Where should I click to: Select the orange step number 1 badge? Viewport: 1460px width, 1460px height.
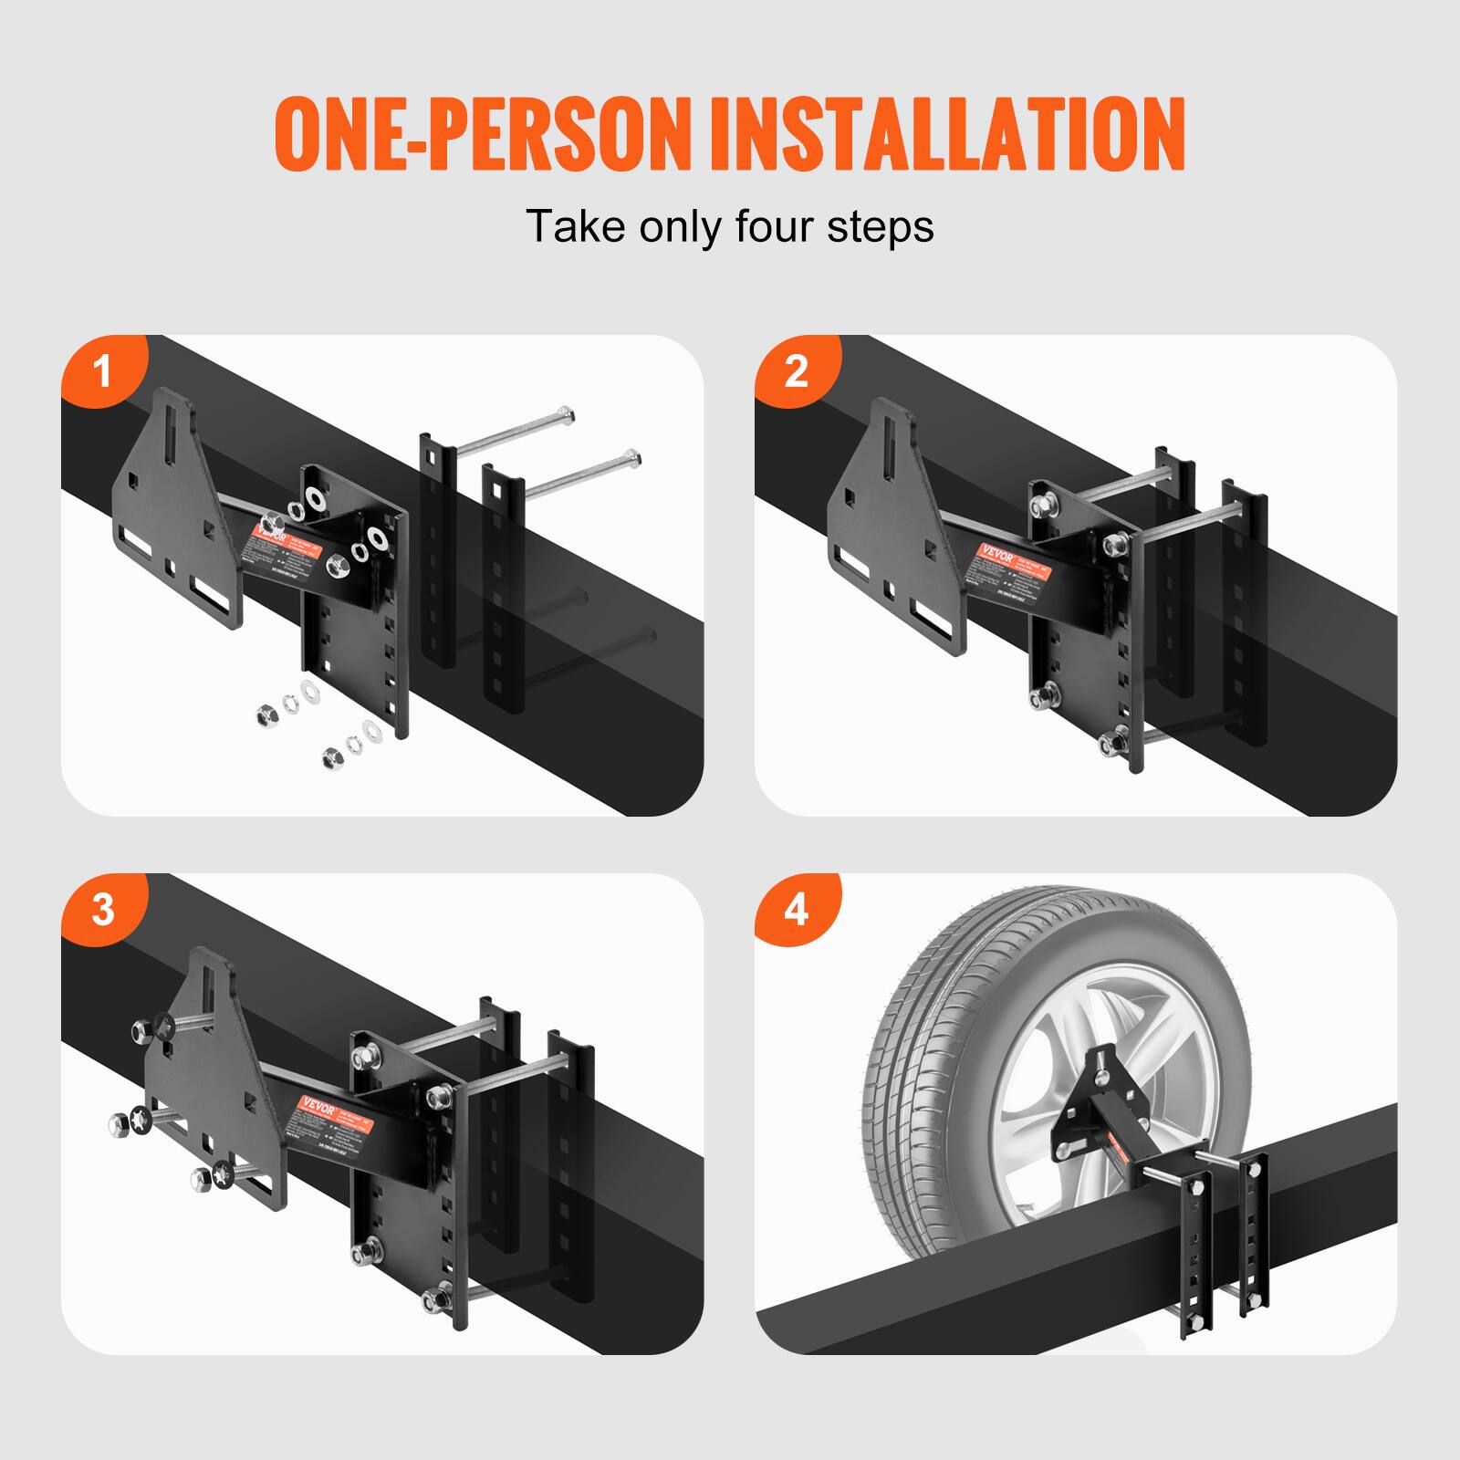(x=102, y=372)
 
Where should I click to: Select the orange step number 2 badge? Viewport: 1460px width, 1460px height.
(x=796, y=372)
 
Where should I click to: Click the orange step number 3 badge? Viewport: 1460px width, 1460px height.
(x=102, y=911)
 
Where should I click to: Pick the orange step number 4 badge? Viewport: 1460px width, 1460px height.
(x=796, y=911)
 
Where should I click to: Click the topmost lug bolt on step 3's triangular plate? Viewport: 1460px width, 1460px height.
(x=146, y=1029)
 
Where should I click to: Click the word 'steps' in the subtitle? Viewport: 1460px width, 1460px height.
(x=881, y=227)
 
